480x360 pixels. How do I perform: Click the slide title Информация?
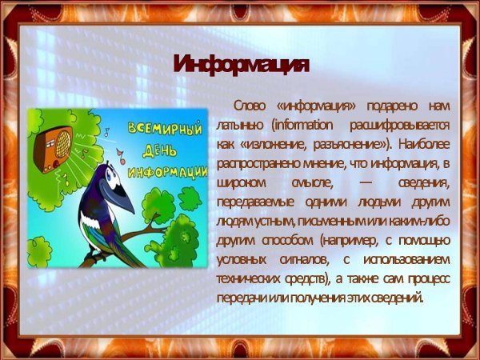tap(240, 65)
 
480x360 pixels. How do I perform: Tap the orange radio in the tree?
tap(56, 144)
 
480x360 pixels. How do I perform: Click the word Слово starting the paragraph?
tap(249, 106)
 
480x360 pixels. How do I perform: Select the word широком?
tap(240, 183)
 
